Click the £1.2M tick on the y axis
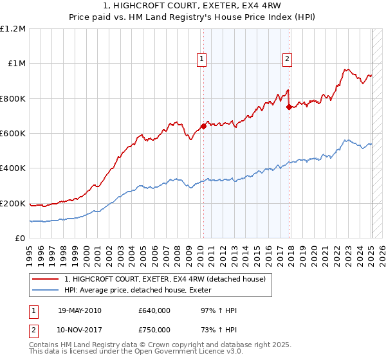(x=13, y=28)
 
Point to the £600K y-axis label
(x=13, y=133)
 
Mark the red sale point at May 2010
(x=203, y=126)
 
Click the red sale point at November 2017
(x=289, y=107)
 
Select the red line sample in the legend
(x=46, y=278)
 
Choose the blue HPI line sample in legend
(x=46, y=290)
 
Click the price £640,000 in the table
(x=154, y=311)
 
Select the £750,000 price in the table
(x=154, y=330)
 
